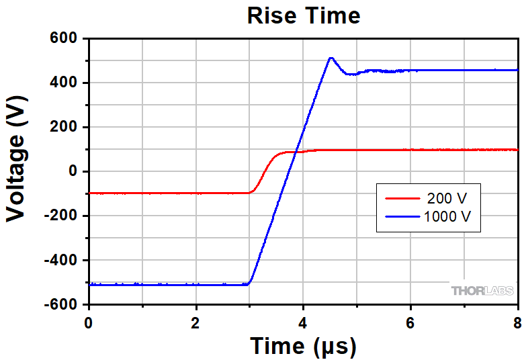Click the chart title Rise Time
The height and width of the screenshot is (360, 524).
[304, 15]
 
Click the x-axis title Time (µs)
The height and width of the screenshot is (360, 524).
[303, 346]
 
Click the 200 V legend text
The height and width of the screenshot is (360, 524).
[447, 199]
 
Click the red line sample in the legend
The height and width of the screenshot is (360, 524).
[402, 199]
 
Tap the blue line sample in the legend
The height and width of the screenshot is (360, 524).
[402, 216]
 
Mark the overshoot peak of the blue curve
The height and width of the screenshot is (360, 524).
[331, 58]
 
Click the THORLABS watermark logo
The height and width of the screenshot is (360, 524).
[482, 291]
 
